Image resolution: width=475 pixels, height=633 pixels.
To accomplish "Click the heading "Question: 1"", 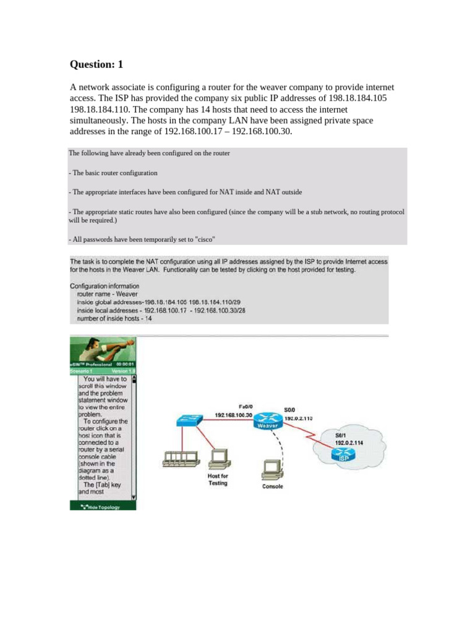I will click(100, 64).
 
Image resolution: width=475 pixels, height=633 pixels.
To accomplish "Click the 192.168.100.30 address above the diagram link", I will click(234, 414).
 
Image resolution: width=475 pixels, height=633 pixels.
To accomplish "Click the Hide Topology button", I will click(103, 506).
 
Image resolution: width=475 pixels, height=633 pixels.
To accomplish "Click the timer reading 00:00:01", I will click(123, 365).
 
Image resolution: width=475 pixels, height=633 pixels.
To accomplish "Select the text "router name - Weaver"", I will click(105, 294).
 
